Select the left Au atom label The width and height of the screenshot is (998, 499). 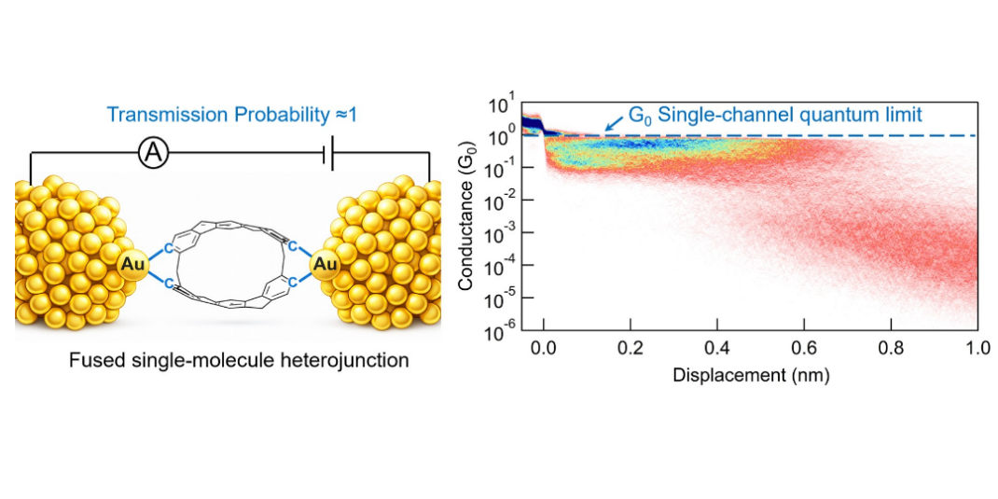131,265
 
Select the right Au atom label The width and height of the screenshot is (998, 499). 325,265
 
